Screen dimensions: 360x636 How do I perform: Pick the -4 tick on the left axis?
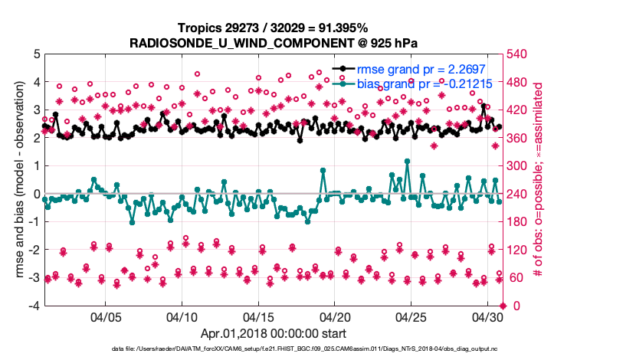(x=34, y=306)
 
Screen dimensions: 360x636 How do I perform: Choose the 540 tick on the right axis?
(x=518, y=54)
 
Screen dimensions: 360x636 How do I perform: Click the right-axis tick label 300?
(x=518, y=166)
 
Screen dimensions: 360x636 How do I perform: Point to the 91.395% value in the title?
(x=343, y=28)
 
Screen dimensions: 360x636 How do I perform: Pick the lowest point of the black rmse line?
(x=300, y=140)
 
